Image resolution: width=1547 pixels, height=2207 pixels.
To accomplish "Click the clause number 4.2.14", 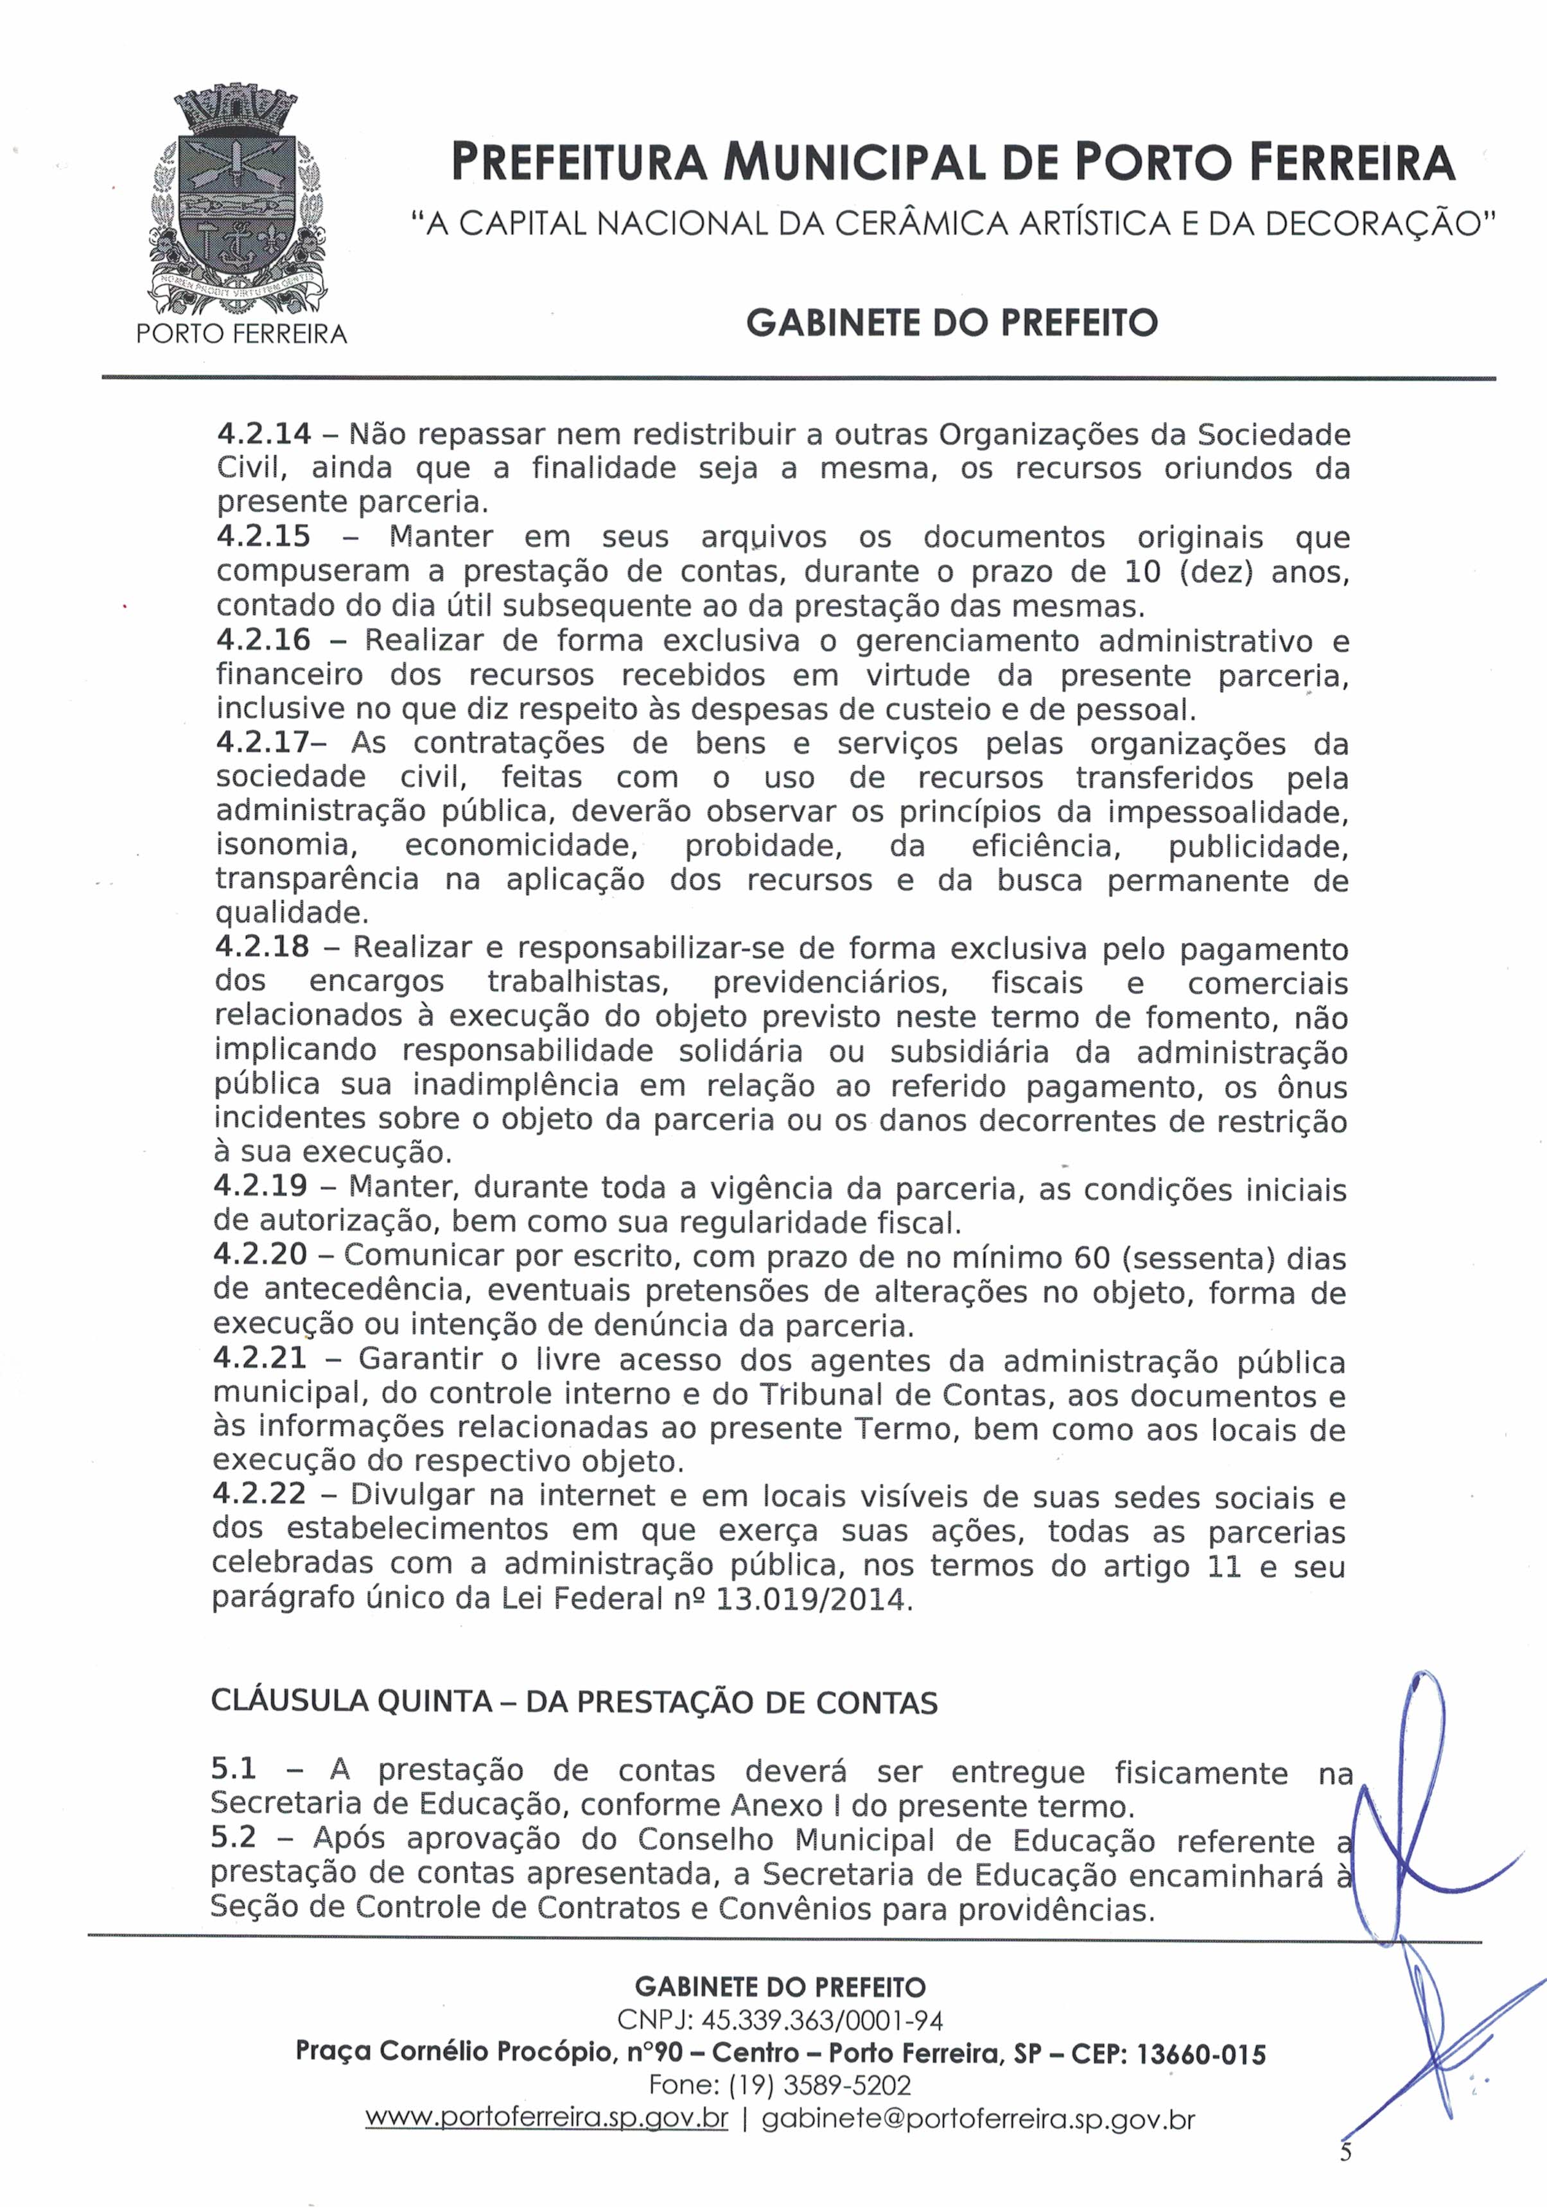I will coord(263,435).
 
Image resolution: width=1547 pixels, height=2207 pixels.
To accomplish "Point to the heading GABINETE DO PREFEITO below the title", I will coord(951,323).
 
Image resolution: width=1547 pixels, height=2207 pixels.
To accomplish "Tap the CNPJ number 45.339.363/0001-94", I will coord(822,2019).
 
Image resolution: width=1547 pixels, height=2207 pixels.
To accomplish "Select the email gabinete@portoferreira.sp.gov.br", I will coord(978,2118).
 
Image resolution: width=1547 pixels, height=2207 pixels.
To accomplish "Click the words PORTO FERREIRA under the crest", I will coord(241,335).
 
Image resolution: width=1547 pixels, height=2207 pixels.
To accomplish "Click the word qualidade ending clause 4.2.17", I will coord(290,912).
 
